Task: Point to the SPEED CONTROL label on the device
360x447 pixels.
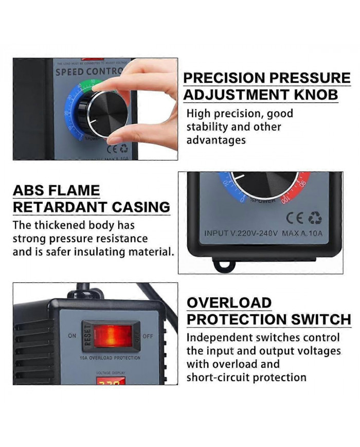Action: tap(87, 71)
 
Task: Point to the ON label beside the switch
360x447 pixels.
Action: tap(71, 335)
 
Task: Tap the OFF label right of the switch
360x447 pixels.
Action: tap(147, 336)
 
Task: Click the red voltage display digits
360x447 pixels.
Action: tap(110, 383)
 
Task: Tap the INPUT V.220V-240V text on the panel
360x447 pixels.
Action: tap(241, 233)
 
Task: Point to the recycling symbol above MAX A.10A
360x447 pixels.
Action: tap(315, 218)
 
